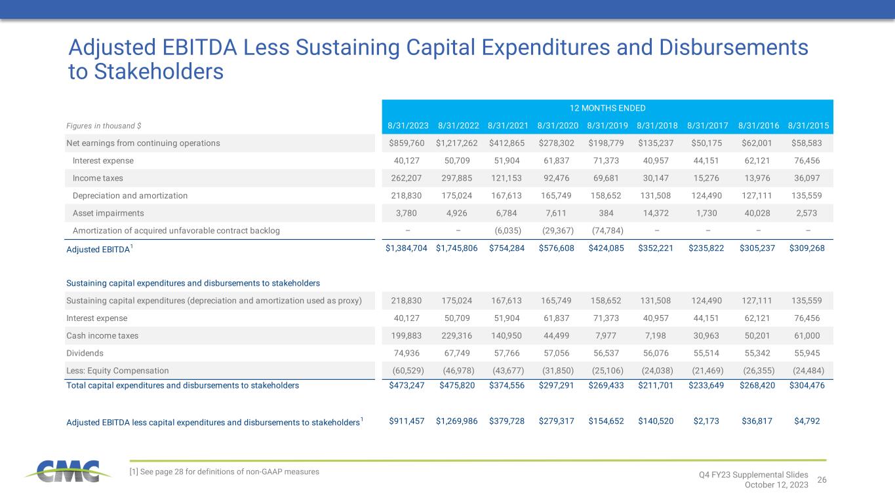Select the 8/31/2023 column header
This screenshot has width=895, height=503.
click(x=408, y=126)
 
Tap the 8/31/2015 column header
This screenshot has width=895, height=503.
click(x=808, y=126)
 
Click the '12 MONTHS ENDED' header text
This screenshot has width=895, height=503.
click(x=607, y=108)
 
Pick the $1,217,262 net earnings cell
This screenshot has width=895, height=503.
click(x=457, y=143)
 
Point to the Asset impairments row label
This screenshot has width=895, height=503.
click(x=108, y=213)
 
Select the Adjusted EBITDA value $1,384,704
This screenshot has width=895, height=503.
click(x=407, y=248)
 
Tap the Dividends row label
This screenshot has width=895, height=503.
click(x=85, y=353)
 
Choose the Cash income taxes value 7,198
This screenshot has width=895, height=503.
click(x=656, y=336)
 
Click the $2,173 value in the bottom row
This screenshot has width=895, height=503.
click(x=706, y=421)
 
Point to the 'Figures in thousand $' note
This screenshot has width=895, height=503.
click(x=104, y=126)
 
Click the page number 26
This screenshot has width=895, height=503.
click(x=822, y=480)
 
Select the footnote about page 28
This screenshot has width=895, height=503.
click(x=224, y=472)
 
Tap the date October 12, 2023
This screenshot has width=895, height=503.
click(x=776, y=485)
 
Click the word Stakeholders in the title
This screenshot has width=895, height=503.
click(x=159, y=72)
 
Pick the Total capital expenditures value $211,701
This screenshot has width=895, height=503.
click(x=656, y=386)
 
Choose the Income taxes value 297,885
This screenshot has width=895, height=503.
click(x=457, y=178)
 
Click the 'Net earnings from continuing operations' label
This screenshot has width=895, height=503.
click(x=143, y=143)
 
